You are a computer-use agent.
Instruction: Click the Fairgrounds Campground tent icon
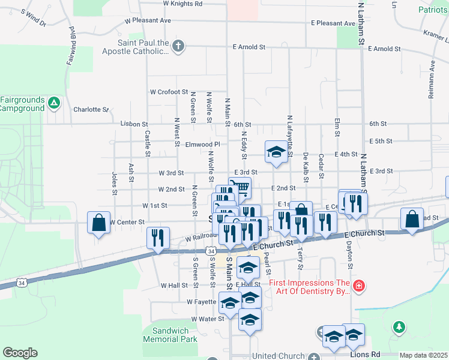coord(53,103)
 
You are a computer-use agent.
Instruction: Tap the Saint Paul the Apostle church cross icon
coord(178,46)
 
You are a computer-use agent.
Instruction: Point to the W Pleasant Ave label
coord(148,20)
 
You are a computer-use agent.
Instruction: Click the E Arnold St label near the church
coord(250,47)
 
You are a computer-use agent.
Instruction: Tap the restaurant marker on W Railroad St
coord(158,237)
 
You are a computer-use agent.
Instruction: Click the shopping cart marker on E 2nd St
coord(240,188)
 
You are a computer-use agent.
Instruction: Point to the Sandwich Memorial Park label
coord(170,335)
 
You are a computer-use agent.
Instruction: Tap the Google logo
coord(20,353)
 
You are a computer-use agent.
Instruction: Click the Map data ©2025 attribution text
coord(423,355)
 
